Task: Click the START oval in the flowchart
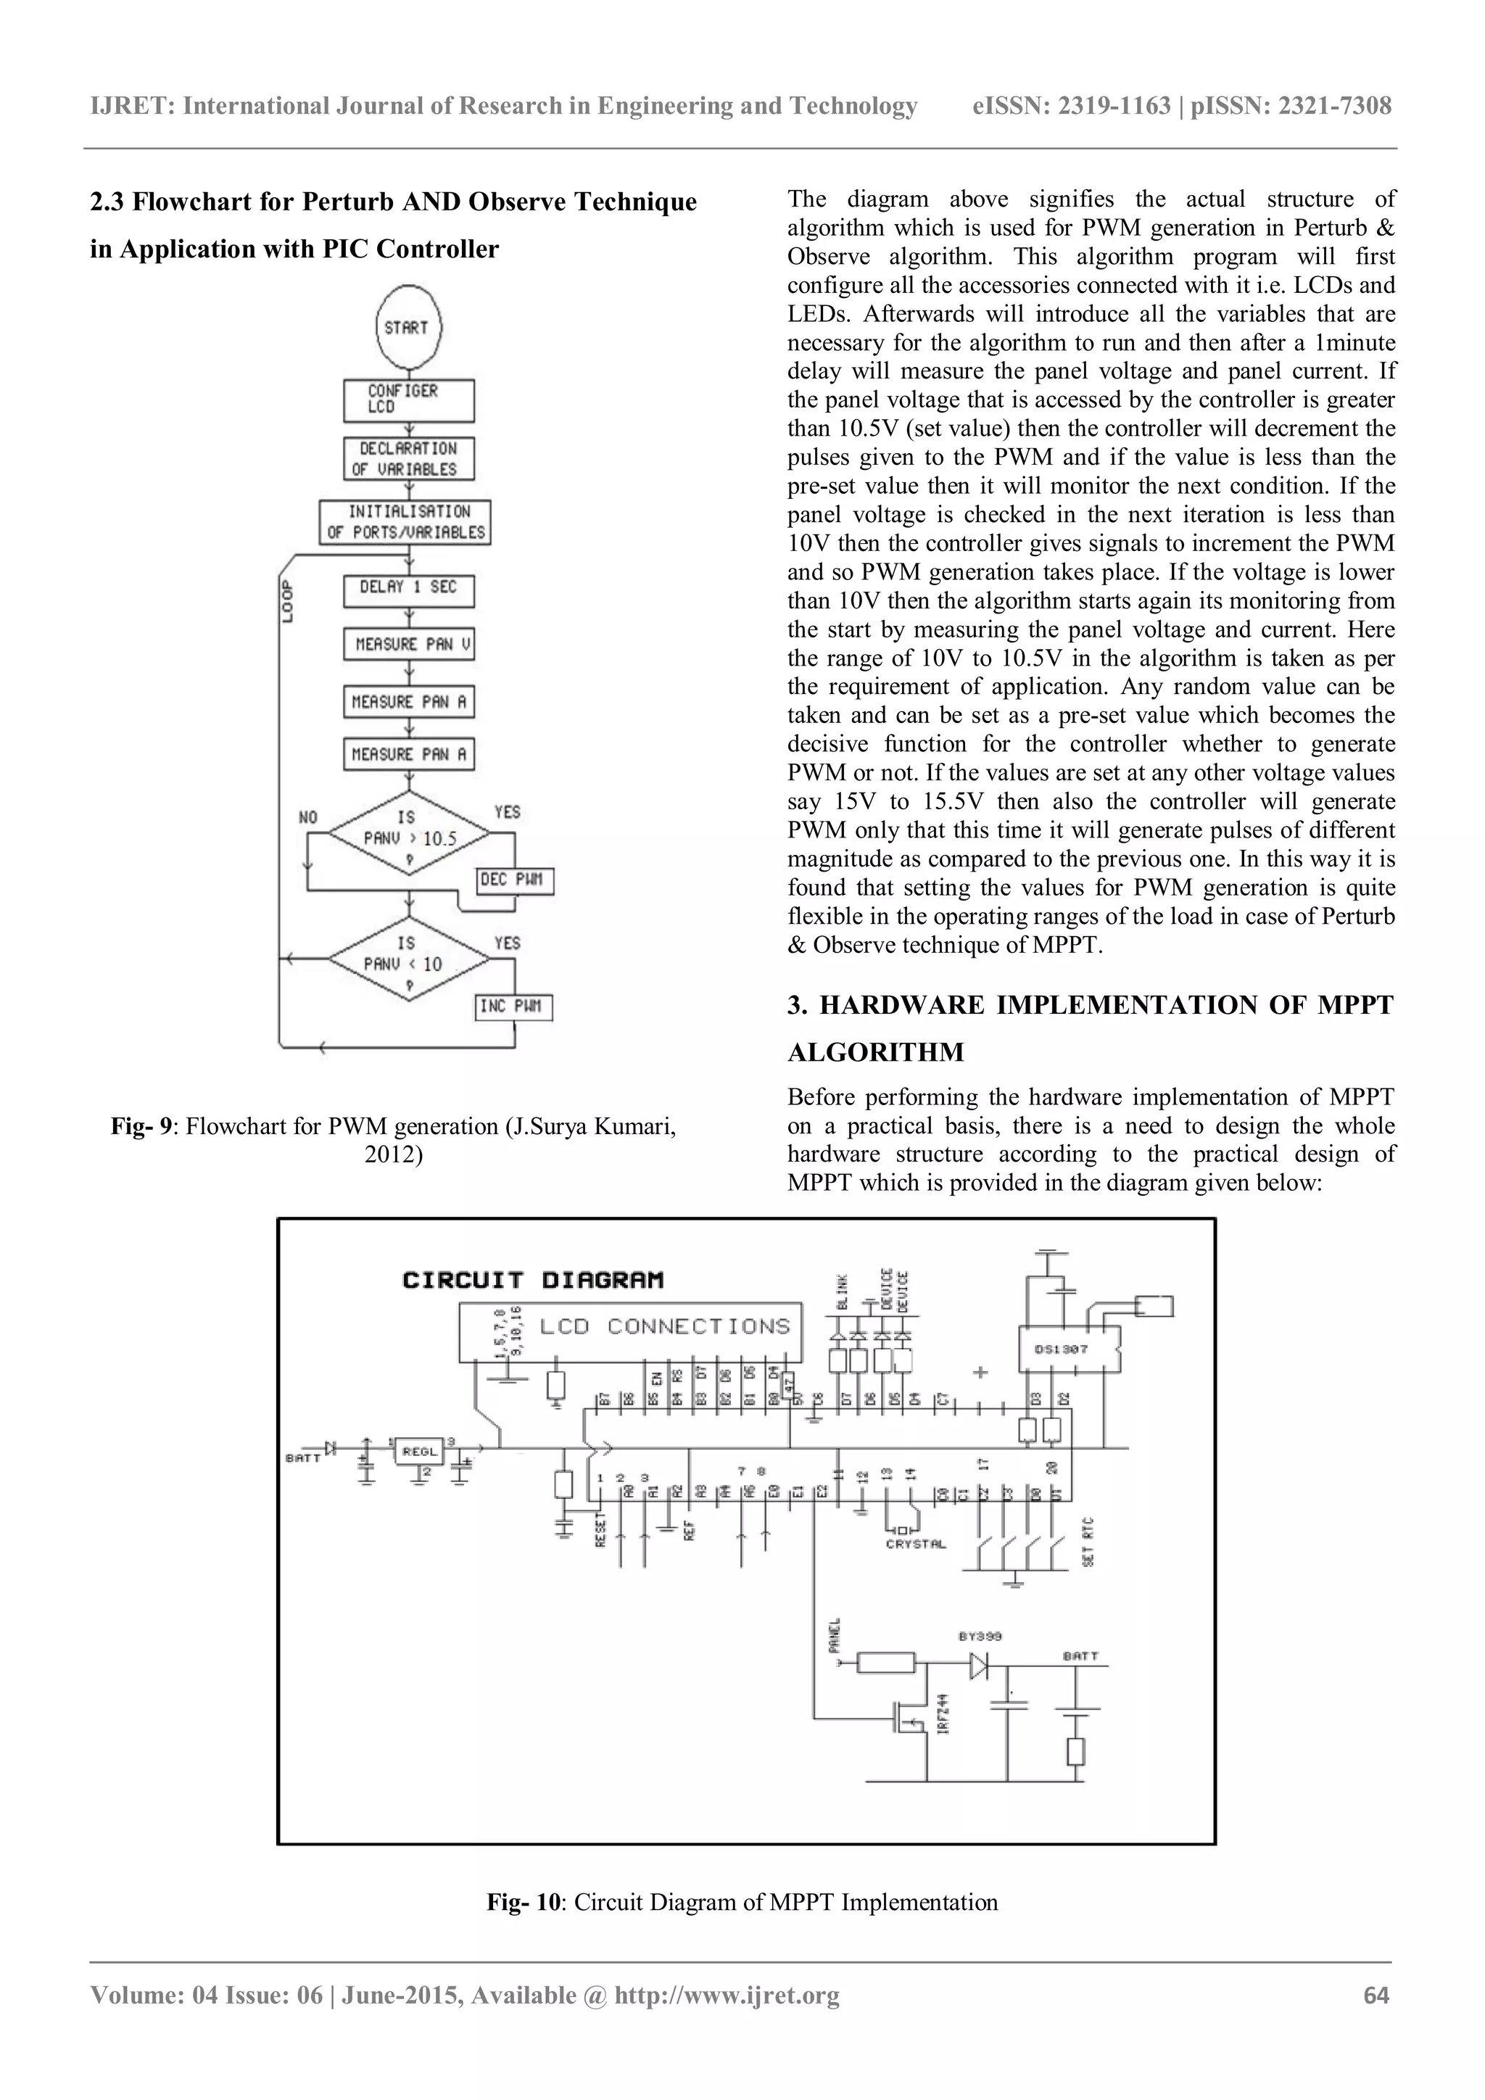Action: [407, 328]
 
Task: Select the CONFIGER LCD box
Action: [409, 400]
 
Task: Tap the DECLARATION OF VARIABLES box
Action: [409, 459]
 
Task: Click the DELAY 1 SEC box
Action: [409, 588]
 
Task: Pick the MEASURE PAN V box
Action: [409, 645]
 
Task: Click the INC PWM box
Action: [515, 1007]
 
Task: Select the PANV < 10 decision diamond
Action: [409, 960]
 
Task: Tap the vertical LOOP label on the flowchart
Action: [288, 602]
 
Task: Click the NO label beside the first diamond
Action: [309, 817]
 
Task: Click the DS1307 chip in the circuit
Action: [1069, 1348]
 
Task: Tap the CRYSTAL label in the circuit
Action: [915, 1544]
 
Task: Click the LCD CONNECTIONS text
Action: [665, 1326]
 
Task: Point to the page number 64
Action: [1376, 1995]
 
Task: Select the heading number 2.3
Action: [107, 202]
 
